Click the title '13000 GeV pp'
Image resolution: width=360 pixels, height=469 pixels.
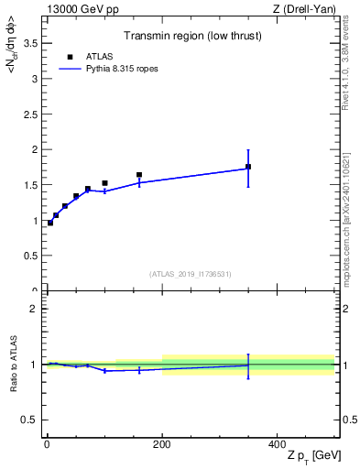click(x=82, y=9)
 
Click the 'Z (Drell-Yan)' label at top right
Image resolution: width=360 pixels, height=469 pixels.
click(x=304, y=9)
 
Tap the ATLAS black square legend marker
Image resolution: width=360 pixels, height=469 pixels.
click(x=70, y=57)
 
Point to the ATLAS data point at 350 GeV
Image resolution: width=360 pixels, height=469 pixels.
click(x=248, y=167)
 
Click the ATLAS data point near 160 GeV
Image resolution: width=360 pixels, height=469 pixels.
click(x=139, y=175)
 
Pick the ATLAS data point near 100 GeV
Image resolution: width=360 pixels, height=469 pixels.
click(x=104, y=183)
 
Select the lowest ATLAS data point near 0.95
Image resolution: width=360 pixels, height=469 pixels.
click(x=50, y=223)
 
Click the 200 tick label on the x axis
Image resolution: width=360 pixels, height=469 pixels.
click(x=162, y=443)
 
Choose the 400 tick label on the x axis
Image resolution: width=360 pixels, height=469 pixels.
click(x=277, y=443)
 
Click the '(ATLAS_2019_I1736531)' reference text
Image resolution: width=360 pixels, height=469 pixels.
click(x=191, y=274)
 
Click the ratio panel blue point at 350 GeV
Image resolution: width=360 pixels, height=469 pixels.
click(x=248, y=365)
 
